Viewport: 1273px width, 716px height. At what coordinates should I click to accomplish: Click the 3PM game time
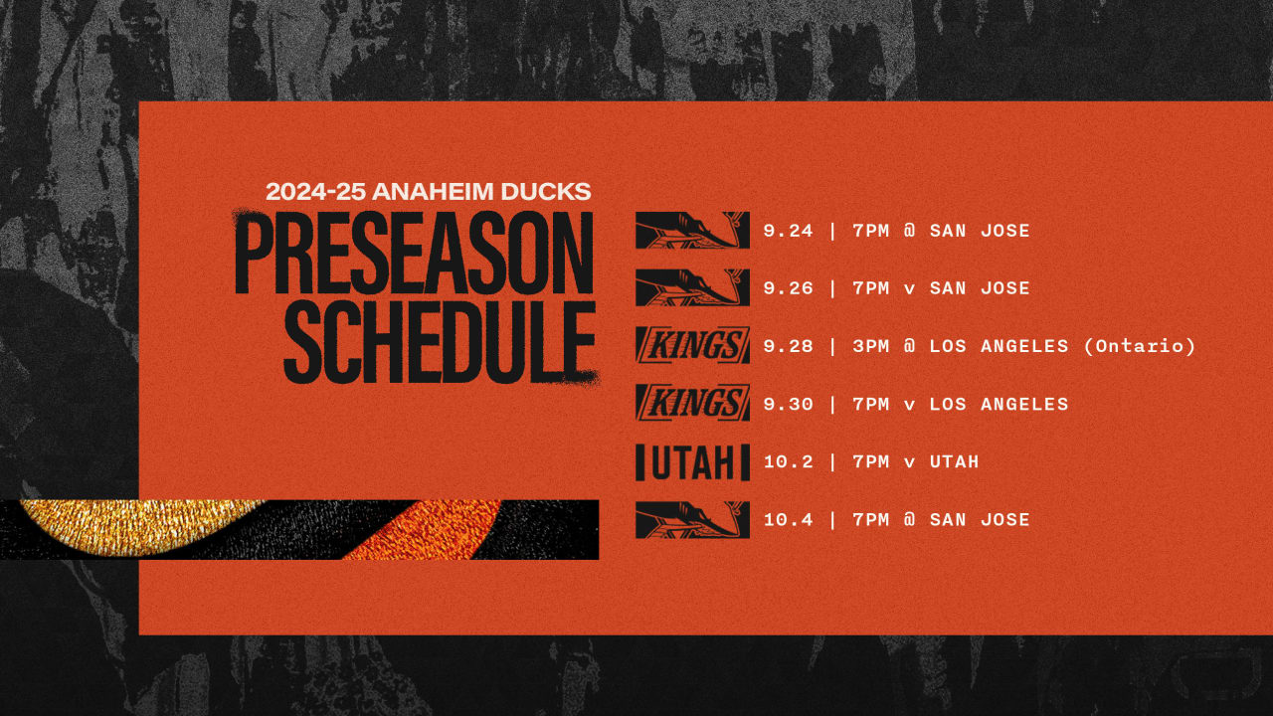(x=872, y=346)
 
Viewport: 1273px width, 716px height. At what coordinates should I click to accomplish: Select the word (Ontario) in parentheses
(x=1140, y=346)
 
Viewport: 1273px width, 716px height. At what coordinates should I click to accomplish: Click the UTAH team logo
(x=692, y=462)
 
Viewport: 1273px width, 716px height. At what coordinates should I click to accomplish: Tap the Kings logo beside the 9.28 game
(x=692, y=346)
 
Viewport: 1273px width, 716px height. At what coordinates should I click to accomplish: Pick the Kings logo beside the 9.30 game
(x=692, y=404)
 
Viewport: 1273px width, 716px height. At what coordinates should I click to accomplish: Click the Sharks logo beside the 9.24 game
(x=692, y=231)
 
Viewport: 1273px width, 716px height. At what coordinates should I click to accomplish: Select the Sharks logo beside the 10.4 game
(x=692, y=519)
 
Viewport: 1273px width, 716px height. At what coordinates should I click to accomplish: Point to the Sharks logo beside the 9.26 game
(x=692, y=288)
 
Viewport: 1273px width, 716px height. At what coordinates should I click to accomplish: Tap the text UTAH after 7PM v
(x=954, y=461)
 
